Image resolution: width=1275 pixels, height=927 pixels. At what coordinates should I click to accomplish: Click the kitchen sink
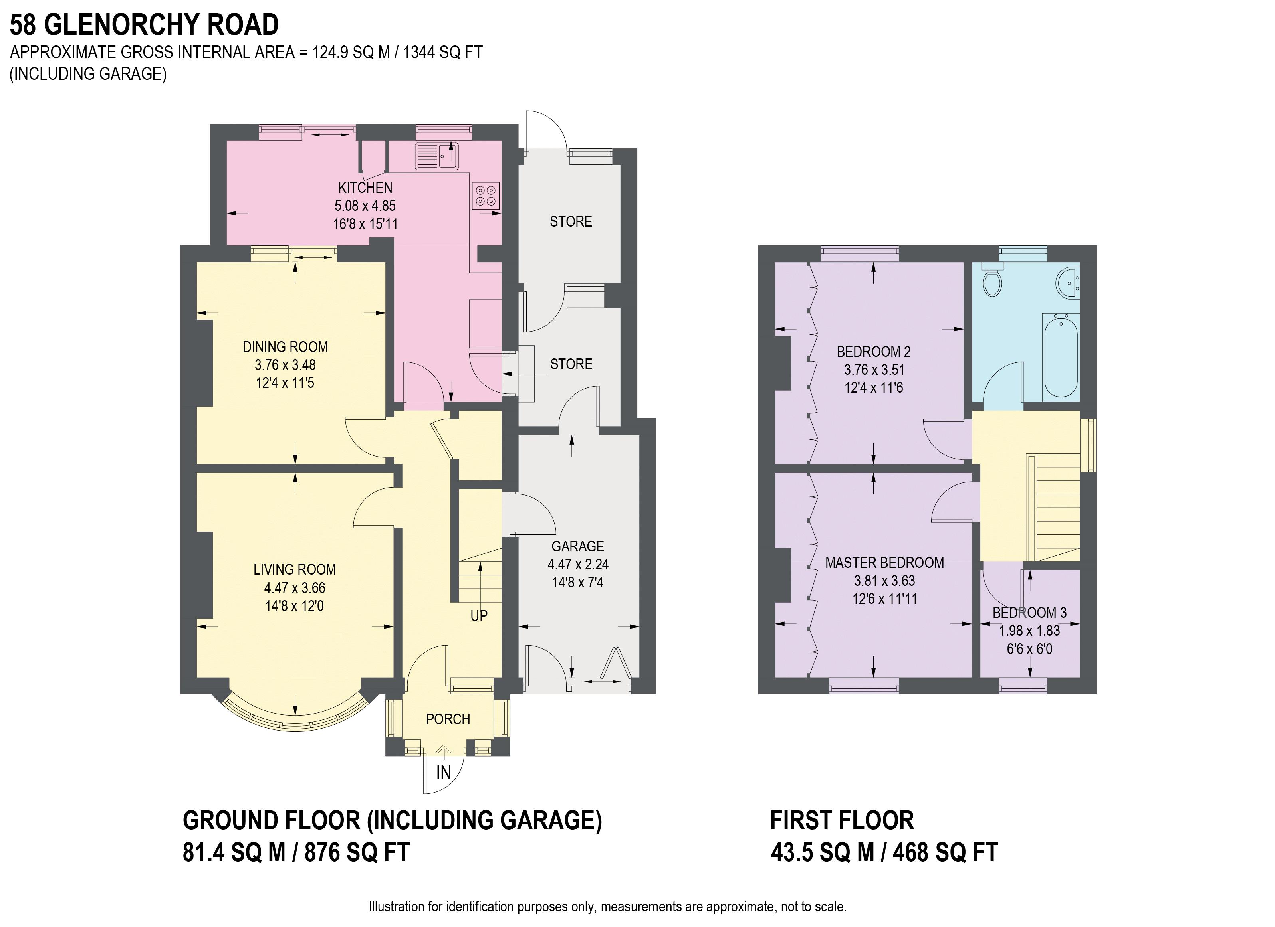437,156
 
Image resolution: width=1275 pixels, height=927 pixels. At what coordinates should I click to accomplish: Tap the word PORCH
448,719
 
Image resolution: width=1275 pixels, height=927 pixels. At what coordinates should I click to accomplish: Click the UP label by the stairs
479,616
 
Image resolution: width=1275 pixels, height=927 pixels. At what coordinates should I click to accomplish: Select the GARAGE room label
578,546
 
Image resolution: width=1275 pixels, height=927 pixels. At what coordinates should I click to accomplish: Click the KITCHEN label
365,188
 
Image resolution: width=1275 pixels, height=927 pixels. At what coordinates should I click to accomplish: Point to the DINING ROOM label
286,347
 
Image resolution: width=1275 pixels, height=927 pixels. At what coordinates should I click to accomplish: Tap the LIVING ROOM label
295,570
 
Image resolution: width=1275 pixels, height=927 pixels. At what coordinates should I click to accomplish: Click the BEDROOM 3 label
1030,613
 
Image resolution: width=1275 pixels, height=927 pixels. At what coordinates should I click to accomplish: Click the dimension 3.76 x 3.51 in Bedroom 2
874,370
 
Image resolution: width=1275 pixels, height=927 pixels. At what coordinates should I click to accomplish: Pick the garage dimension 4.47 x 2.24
578,564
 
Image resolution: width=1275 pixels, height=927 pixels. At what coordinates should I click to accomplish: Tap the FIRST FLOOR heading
842,821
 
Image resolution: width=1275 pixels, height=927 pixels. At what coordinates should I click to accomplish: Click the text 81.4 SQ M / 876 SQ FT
296,853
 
